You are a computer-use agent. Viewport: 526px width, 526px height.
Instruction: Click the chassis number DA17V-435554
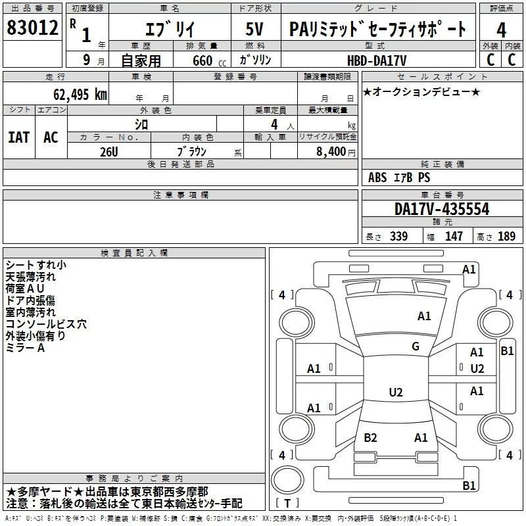442,210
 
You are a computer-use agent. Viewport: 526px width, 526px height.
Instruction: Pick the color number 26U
109,151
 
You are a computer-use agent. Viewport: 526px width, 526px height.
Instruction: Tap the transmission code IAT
18,137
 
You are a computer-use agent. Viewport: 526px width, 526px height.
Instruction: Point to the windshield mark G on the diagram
416,347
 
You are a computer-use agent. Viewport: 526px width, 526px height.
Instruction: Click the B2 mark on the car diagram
371,438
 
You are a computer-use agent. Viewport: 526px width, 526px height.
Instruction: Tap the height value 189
507,237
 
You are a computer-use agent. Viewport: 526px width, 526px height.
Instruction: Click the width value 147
454,237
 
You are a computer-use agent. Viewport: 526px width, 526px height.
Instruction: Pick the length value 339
398,237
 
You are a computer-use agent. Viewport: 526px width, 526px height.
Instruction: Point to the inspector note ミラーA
25,348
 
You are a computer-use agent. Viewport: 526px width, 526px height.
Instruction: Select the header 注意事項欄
180,195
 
